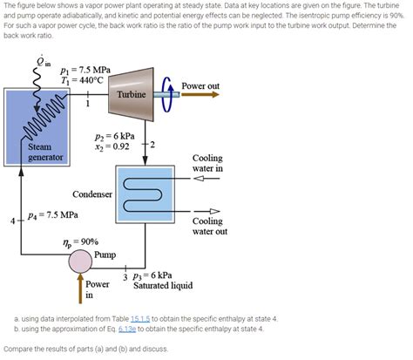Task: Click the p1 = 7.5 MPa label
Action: (x=85, y=69)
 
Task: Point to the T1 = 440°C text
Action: (x=82, y=80)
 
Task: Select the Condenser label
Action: (x=91, y=194)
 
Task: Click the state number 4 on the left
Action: (x=12, y=221)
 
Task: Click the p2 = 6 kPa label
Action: (x=114, y=137)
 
